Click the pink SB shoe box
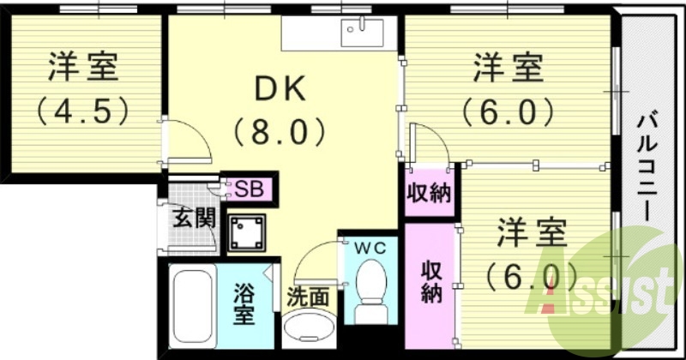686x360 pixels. click(248, 188)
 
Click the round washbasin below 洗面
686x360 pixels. click(308, 329)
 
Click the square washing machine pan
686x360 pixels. click(246, 231)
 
